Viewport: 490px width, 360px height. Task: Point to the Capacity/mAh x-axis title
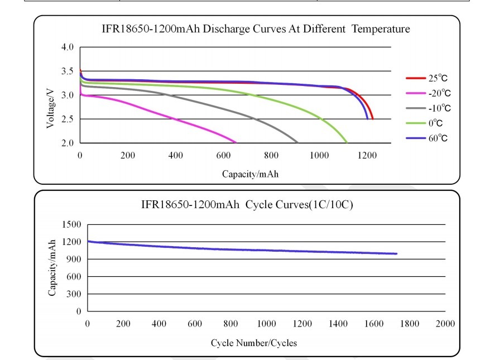tap(250, 174)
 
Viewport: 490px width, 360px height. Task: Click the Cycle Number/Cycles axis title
tap(253, 343)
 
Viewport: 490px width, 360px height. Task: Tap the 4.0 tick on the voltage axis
tap(67, 47)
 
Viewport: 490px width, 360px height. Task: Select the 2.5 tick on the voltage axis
tap(67, 119)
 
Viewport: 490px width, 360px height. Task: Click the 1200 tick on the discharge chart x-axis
tap(367, 156)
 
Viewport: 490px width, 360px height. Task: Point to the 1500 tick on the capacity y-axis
tap(74, 224)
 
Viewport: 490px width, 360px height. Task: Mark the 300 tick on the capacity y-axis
tap(75, 294)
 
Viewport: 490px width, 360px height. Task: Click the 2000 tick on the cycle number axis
tap(445, 324)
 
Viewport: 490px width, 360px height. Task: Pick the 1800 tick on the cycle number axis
tap(409, 324)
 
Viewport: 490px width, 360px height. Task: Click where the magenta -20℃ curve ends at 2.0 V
tap(236, 142)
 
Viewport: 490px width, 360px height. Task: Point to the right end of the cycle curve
tap(396, 253)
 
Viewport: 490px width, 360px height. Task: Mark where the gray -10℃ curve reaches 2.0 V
tap(297, 142)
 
